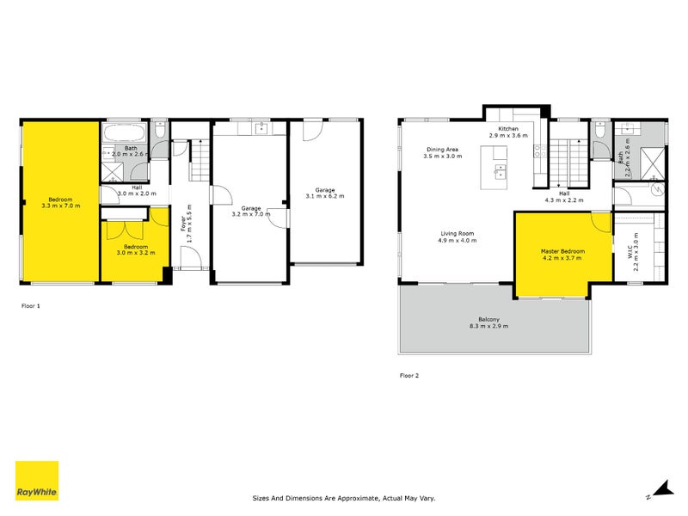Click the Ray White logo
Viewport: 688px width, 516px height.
point(37,482)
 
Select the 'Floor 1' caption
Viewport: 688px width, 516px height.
point(30,305)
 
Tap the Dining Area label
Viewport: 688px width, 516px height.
point(443,152)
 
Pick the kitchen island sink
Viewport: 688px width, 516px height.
point(498,171)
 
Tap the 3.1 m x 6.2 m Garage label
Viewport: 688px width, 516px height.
point(324,193)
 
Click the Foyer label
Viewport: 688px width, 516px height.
point(184,224)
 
